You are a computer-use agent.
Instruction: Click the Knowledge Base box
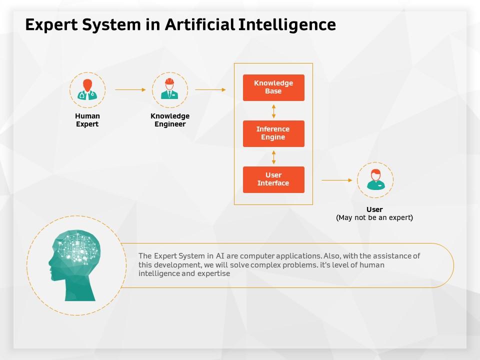[x=273, y=87]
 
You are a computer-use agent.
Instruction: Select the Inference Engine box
[x=273, y=133]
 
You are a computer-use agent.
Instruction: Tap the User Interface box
[x=273, y=179]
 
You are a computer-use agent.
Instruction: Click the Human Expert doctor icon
[x=87, y=89]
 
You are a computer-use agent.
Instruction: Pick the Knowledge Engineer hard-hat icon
[x=169, y=89]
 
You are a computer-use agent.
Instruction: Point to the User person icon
[x=375, y=179]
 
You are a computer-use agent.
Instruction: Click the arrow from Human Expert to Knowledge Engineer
[x=130, y=89]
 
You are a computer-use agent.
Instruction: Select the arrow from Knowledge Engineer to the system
[x=210, y=89]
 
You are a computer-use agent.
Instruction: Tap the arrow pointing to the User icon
[x=336, y=180]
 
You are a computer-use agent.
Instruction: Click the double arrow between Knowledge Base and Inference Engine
[x=273, y=111]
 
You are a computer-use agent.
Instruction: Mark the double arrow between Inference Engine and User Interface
[x=273, y=157]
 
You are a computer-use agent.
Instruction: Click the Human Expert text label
[x=87, y=120]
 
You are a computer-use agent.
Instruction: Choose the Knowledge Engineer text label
[x=170, y=120]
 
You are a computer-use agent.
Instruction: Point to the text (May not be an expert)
[x=374, y=217]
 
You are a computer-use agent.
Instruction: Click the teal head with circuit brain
[x=74, y=265]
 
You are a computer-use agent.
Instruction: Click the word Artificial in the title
[x=200, y=24]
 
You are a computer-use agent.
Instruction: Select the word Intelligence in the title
[x=287, y=25]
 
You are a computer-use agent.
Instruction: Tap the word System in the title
[x=111, y=25]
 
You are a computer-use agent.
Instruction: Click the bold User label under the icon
[x=374, y=209]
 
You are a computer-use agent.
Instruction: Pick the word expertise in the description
[x=213, y=273]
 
